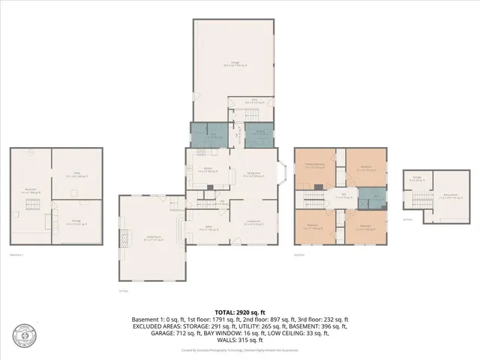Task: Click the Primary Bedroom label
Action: (314, 166)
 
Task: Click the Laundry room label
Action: (259, 133)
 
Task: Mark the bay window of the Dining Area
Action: (281, 173)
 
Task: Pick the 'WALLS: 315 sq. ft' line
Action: (239, 340)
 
